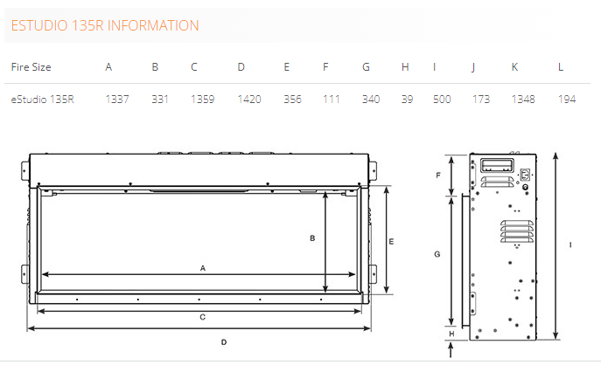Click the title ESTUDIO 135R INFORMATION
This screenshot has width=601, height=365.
(x=105, y=25)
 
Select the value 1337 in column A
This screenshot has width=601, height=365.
(x=117, y=100)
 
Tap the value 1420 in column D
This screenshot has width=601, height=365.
(x=249, y=100)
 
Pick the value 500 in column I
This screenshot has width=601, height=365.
(x=442, y=100)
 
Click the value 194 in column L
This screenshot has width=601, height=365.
(x=567, y=100)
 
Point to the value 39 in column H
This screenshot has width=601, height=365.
(x=407, y=100)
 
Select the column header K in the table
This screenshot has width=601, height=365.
(x=514, y=67)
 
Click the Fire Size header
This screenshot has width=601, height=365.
(x=31, y=67)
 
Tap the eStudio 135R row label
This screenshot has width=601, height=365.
(x=42, y=100)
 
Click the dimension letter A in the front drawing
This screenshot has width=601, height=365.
(x=203, y=268)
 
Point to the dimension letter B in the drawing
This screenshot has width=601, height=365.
(x=312, y=238)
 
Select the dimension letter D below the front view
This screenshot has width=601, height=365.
(x=224, y=342)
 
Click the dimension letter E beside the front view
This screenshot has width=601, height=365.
(x=391, y=241)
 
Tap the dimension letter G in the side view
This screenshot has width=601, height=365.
(x=437, y=254)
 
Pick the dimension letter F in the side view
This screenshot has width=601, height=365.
(x=438, y=176)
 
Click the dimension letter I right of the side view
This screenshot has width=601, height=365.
(x=570, y=244)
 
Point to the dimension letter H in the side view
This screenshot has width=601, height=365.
(x=451, y=334)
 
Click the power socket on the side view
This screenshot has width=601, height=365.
(x=525, y=175)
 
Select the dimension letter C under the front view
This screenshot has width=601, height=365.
(x=202, y=317)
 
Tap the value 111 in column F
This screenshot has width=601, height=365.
(x=332, y=100)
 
